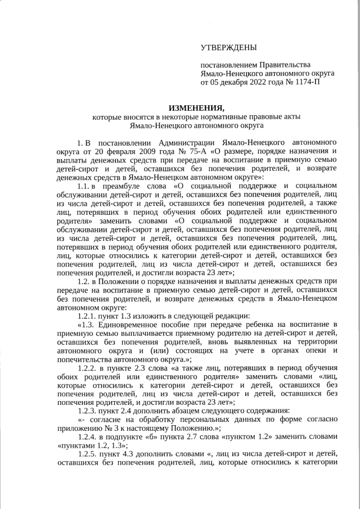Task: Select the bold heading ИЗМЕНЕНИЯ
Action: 196,108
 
